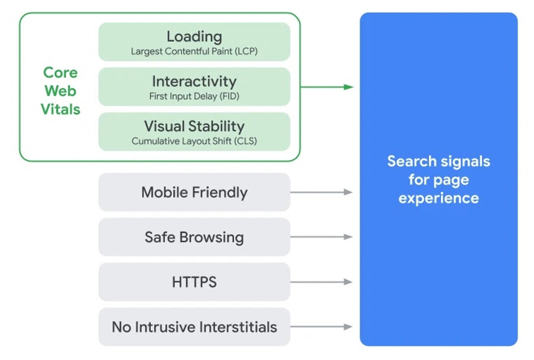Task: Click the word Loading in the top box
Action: click(x=194, y=36)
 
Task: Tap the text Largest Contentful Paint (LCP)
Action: click(x=194, y=52)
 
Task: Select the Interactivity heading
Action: click(x=194, y=81)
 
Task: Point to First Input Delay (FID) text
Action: click(x=194, y=96)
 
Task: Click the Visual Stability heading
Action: click(x=194, y=126)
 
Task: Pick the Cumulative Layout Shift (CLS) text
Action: click(x=194, y=141)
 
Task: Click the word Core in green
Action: click(x=60, y=73)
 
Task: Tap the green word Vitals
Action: click(x=60, y=110)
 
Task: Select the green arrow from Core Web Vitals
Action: click(x=327, y=87)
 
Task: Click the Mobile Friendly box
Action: click(x=194, y=192)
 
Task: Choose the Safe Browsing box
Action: click(x=194, y=237)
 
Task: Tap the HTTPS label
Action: click(x=194, y=282)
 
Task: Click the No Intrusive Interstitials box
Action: click(x=194, y=327)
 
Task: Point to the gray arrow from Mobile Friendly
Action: click(x=321, y=192)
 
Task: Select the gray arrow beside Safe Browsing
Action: click(x=321, y=237)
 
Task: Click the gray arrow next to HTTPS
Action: click(x=321, y=282)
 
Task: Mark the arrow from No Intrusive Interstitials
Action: click(x=321, y=327)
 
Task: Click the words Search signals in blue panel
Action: click(x=438, y=161)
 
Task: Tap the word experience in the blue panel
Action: click(x=438, y=198)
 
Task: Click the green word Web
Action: click(x=60, y=91)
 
